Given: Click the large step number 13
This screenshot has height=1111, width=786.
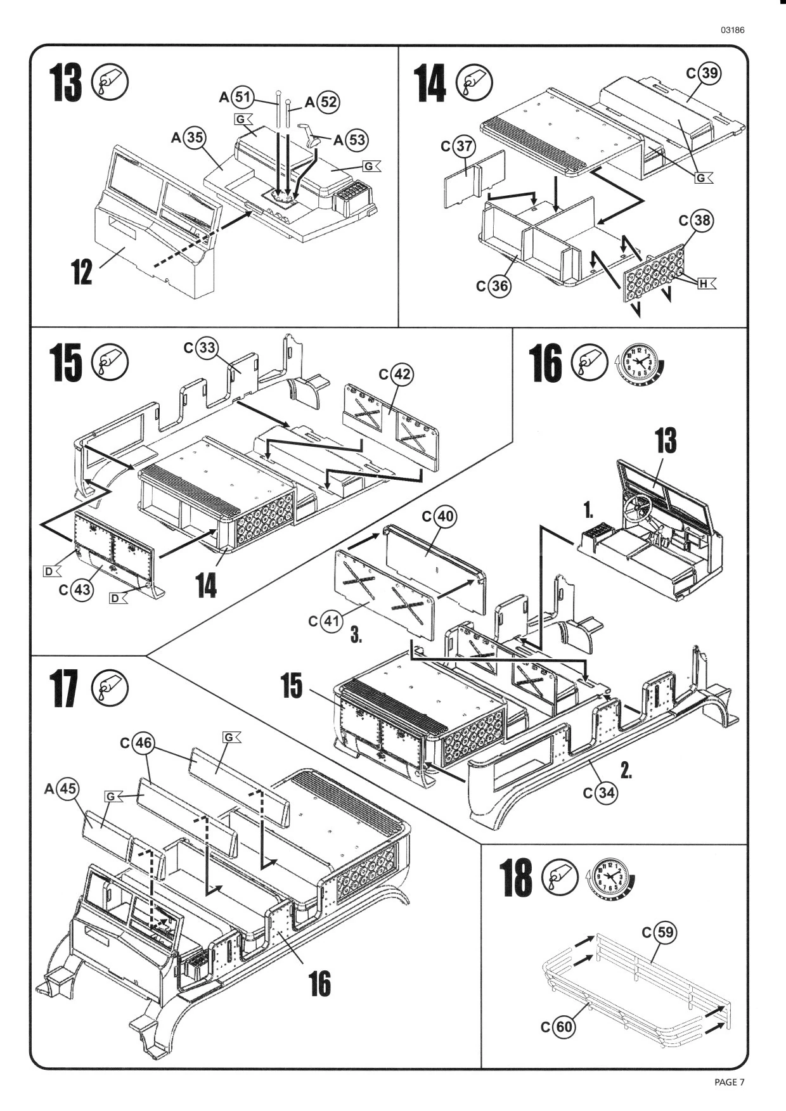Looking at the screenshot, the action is coord(67,83).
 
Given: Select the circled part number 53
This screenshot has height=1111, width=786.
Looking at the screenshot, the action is coord(357,140).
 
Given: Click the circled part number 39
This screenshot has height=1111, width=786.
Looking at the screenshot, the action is coord(710,74).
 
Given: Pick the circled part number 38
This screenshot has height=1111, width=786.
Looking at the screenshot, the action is coord(702,221).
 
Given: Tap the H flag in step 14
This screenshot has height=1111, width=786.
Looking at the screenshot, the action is coord(705,284).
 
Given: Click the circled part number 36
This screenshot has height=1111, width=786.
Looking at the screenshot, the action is coord(499,286).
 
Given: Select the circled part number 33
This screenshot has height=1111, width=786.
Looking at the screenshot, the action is coord(207,348).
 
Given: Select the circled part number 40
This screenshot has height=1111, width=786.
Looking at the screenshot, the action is coord(446,517).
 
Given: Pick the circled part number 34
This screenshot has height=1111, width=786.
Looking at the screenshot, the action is coord(605,793).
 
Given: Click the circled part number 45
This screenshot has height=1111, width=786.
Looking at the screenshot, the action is coord(68,789).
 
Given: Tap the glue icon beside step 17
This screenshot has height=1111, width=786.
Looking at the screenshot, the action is coord(110,689).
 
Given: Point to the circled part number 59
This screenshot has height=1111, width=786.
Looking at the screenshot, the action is coord(666,933).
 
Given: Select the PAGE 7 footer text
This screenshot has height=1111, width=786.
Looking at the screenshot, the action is coord(729,1082).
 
